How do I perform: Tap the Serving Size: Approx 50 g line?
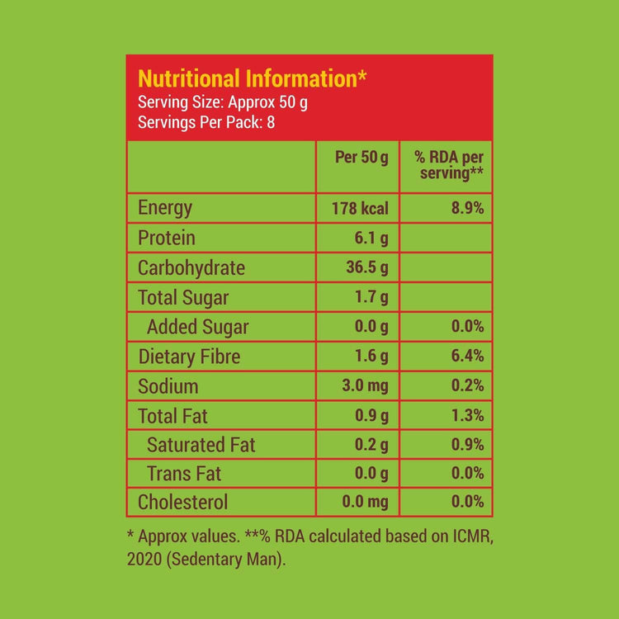click(x=223, y=103)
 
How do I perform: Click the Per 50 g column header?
click(x=361, y=158)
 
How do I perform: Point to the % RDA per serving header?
click(x=450, y=165)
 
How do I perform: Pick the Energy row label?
click(x=165, y=208)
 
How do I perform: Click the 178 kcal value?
click(x=361, y=209)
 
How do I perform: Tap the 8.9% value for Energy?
click(x=467, y=209)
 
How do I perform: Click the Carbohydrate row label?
click(x=191, y=268)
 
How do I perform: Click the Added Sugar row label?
click(x=197, y=327)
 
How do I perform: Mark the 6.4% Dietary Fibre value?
click(x=467, y=357)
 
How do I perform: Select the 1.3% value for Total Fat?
click(x=467, y=416)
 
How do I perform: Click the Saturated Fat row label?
click(x=201, y=445)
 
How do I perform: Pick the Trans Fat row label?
click(x=185, y=474)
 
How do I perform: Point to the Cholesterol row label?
click(x=183, y=502)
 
